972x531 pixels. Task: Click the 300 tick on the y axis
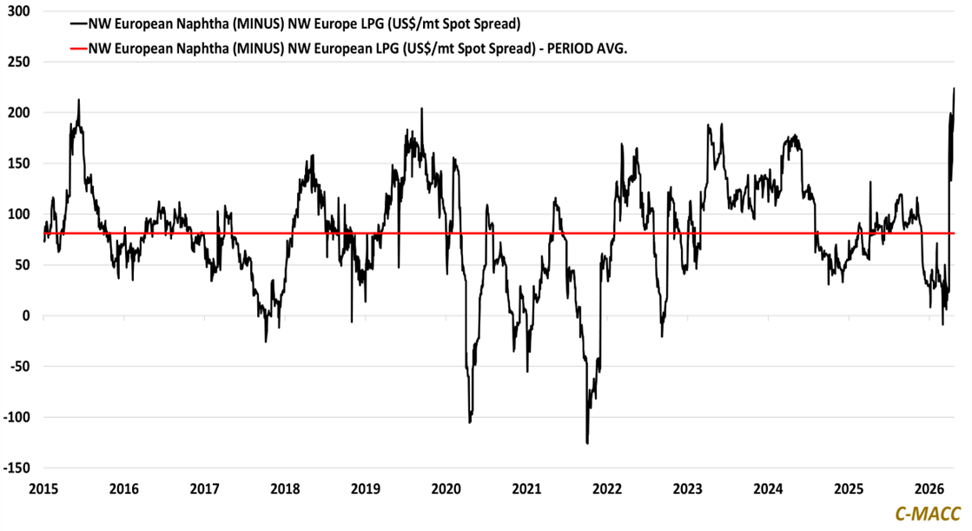pyautogui.click(x=17, y=11)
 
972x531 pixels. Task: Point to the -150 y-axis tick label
pyautogui.click(x=15, y=468)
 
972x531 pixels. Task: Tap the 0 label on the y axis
pyautogui.click(x=24, y=315)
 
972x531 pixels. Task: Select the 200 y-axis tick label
pyautogui.click(x=17, y=113)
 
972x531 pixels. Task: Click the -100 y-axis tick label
pyautogui.click(x=15, y=417)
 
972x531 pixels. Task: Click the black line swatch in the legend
pyautogui.click(x=78, y=23)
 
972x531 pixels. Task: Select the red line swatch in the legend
pyautogui.click(x=78, y=50)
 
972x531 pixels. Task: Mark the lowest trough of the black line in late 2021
pyautogui.click(x=587, y=443)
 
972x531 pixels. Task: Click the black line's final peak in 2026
pyautogui.click(x=954, y=88)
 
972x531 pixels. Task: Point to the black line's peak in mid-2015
pyautogui.click(x=79, y=99)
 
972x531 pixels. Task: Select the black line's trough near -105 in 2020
pyautogui.click(x=469, y=422)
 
